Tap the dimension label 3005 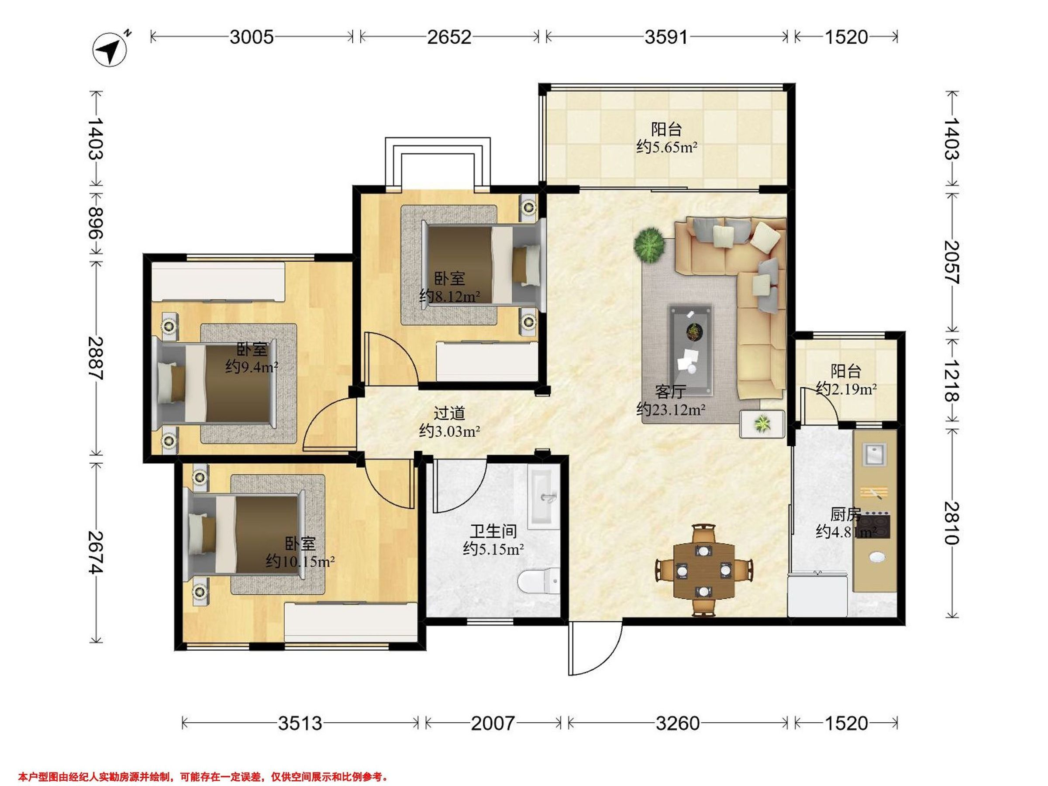[x=252, y=37]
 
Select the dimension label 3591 [x=666, y=37]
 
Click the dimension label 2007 [x=492, y=724]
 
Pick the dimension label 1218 [x=951, y=380]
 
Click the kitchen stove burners [x=874, y=525]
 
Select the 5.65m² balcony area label [x=667, y=147]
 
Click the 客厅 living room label [x=670, y=391]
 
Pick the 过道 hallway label [x=449, y=413]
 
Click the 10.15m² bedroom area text [x=300, y=562]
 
